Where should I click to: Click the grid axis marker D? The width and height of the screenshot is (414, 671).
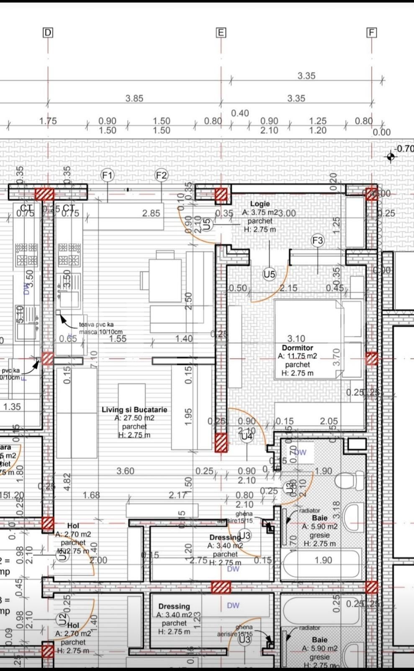tap(48, 33)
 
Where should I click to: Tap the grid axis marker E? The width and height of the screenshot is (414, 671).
tap(221, 33)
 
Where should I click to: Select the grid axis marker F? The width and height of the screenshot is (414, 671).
tap(371, 33)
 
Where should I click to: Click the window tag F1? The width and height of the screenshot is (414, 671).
tap(108, 175)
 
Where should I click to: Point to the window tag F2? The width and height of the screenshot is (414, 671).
tap(162, 175)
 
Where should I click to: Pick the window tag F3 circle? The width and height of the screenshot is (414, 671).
tap(318, 240)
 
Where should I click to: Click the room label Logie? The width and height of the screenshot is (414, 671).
tap(260, 204)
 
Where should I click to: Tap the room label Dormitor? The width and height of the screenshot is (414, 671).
tap(297, 348)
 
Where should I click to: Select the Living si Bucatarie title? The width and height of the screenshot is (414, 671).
tap(134, 410)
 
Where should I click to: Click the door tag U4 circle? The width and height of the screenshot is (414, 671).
tap(247, 436)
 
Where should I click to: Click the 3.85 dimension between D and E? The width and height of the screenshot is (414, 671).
tap(134, 98)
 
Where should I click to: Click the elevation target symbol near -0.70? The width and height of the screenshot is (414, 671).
tap(391, 157)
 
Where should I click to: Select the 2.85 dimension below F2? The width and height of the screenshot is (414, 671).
tap(151, 213)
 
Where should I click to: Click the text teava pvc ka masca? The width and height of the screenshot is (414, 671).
tap(96, 328)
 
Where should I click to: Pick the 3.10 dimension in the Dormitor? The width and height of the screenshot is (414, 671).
tap(296, 338)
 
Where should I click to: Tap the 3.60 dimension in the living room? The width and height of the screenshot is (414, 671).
tap(125, 471)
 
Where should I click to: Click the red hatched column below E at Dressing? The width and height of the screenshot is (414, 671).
tap(221, 587)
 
